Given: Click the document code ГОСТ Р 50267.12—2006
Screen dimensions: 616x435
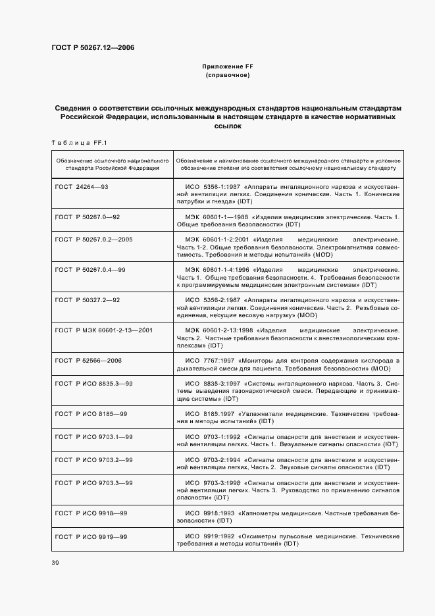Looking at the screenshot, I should [92, 47].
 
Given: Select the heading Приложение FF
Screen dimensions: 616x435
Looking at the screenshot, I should [227, 67].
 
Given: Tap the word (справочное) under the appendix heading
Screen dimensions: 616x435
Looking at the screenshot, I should [227, 76].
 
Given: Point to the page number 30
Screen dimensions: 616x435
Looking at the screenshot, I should [55, 562].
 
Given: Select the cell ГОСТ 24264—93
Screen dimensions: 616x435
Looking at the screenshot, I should [82, 187].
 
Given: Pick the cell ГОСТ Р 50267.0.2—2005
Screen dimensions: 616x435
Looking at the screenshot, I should [93, 239].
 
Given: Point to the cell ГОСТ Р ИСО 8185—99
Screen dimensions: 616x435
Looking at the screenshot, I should [91, 413].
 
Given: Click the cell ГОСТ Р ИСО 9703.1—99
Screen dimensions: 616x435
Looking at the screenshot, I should [94, 436].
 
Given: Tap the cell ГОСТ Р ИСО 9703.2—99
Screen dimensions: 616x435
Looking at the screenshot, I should [94, 459].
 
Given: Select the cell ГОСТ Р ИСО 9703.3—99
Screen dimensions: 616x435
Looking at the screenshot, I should [94, 482].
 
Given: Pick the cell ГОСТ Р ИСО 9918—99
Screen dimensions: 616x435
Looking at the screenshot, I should [91, 513].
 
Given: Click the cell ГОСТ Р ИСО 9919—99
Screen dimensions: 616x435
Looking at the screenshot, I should [91, 536].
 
